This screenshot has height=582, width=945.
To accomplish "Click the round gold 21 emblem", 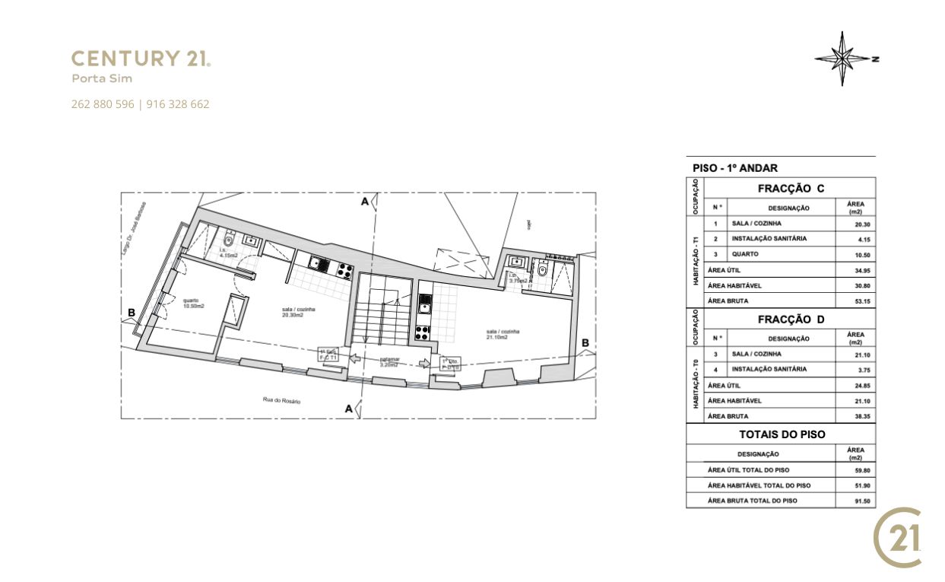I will [x=898, y=538].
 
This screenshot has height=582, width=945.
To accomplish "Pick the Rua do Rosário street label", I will [x=281, y=399].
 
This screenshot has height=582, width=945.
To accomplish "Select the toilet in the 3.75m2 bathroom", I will [x=542, y=269].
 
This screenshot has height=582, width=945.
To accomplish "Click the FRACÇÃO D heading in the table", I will [x=791, y=320].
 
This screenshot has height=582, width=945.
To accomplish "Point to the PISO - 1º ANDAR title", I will [x=734, y=168].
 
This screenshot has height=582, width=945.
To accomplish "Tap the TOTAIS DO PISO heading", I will [x=782, y=434].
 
